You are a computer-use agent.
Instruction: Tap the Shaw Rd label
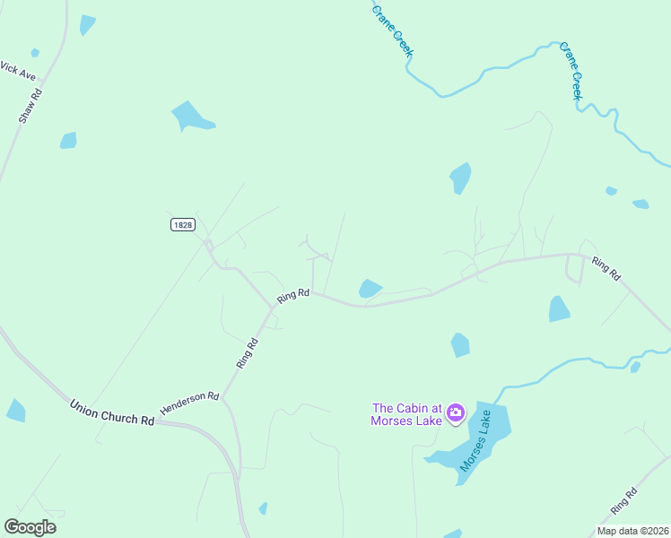[x=30, y=105]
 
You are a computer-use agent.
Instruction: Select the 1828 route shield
[x=182, y=224]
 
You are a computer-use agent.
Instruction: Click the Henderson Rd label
[x=189, y=403]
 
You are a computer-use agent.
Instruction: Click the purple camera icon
[x=456, y=412]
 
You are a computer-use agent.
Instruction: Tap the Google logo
[x=30, y=527]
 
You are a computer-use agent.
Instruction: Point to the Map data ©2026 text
[x=632, y=531]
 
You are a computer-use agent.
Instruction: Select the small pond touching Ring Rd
[x=369, y=288]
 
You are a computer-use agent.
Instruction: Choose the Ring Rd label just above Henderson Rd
[x=247, y=352]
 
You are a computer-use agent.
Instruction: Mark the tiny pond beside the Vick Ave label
[x=35, y=53]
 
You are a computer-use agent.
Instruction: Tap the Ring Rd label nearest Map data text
[x=623, y=501]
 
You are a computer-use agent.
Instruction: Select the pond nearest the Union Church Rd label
[x=15, y=411]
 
